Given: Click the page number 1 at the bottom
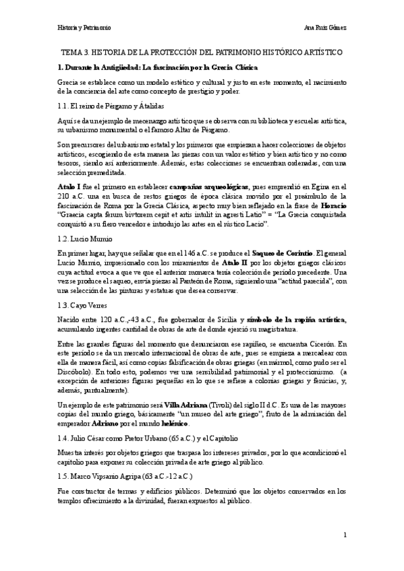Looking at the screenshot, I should click(344, 535).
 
